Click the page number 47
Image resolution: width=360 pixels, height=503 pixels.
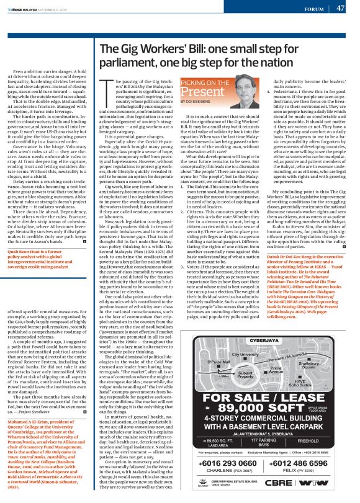pyautogui.click(x=340, y=8)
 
